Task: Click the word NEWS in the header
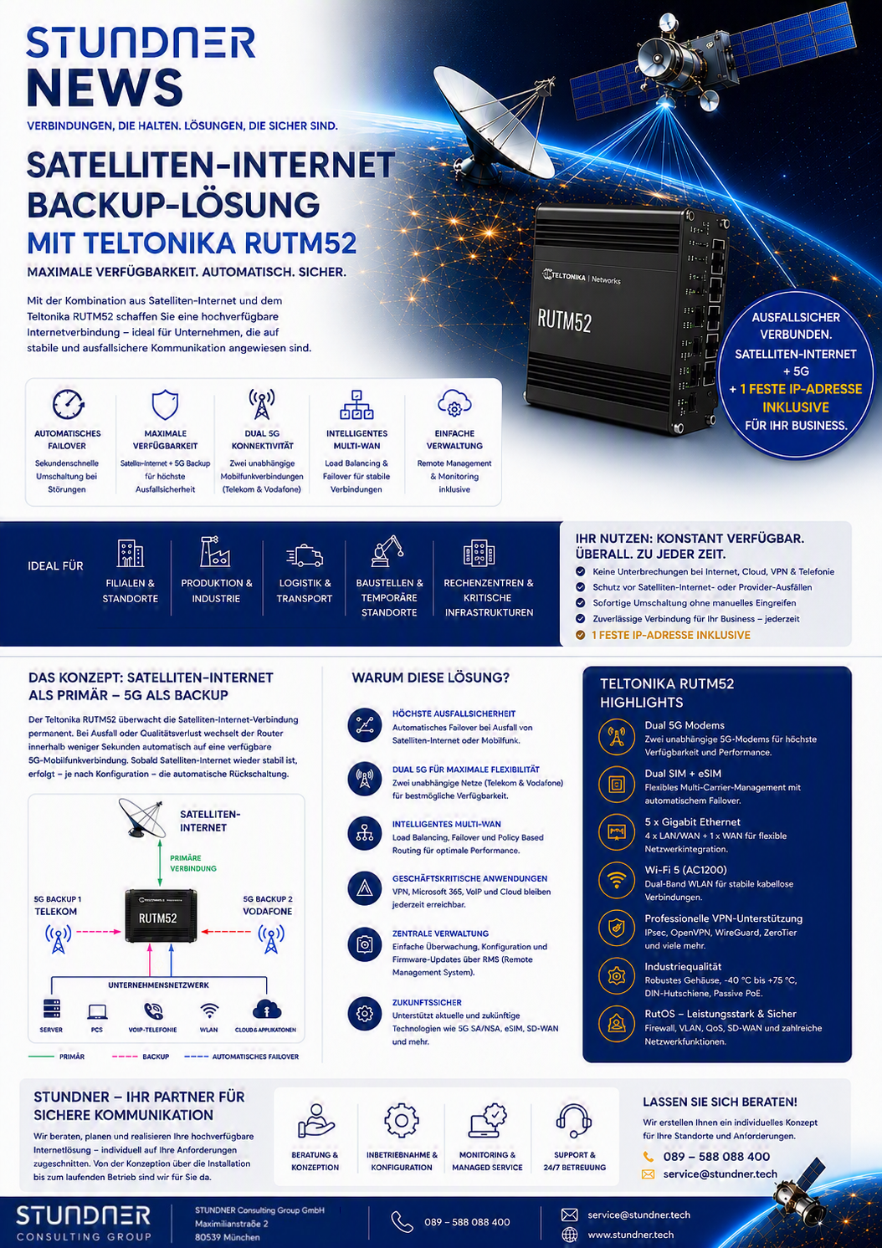tap(105, 88)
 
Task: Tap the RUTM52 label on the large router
tap(564, 321)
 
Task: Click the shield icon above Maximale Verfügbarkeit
tap(165, 405)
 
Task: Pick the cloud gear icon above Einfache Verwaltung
tap(454, 403)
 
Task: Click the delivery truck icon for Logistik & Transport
tap(305, 555)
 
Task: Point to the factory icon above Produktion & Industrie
tap(215, 551)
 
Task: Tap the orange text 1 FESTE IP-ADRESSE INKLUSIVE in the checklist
tap(670, 635)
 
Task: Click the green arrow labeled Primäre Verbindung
tap(160, 862)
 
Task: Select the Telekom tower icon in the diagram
tap(58, 939)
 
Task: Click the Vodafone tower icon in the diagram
tap(271, 939)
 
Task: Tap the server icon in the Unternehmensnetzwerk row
tap(51, 1009)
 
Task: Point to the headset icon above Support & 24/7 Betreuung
tap(574, 1120)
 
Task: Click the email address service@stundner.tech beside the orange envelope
tap(720, 1174)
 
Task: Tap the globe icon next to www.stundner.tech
tap(569, 1235)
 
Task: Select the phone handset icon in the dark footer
tap(402, 1221)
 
